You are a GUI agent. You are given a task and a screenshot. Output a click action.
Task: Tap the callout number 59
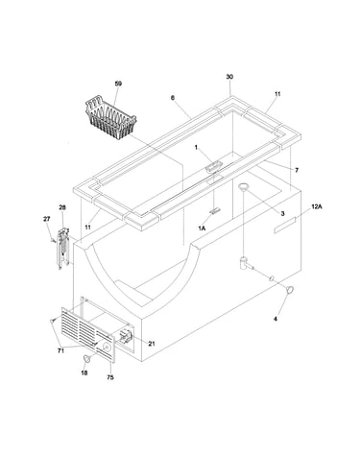(x=118, y=84)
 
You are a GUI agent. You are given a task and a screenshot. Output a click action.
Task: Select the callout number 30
(x=229, y=77)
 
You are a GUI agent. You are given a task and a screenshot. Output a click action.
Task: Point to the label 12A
(x=317, y=206)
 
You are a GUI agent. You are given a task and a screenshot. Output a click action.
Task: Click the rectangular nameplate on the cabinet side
(x=285, y=226)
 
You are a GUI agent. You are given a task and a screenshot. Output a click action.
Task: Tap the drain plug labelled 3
(x=244, y=186)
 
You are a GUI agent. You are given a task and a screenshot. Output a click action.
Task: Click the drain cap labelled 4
(x=290, y=290)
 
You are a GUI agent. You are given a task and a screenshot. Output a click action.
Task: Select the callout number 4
(x=276, y=319)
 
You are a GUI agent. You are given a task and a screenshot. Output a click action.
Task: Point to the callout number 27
(x=47, y=219)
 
